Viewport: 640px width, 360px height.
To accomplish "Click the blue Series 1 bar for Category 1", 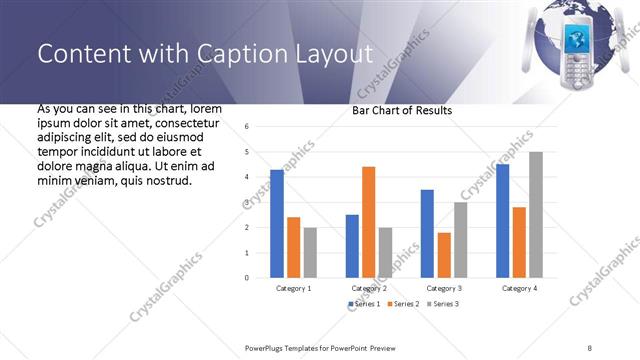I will tap(277, 223).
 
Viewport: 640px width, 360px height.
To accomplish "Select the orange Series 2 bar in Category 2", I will tap(368, 221).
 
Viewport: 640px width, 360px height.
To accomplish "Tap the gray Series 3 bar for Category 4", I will tap(536, 214).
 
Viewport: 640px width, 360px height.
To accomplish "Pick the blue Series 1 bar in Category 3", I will tap(427, 233).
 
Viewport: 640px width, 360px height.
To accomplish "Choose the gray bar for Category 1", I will tap(310, 252).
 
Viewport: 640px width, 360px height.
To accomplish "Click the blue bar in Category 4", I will tap(502, 220).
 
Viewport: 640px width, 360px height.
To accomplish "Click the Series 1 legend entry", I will tap(364, 303).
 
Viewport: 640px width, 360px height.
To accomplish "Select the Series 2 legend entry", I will tap(400, 303).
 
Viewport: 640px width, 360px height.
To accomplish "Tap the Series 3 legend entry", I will tap(441, 303).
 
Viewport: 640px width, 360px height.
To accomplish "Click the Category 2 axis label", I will tap(369, 288).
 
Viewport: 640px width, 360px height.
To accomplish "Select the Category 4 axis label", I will tap(519, 288).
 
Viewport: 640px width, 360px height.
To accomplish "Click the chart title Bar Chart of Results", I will tap(402, 110).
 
